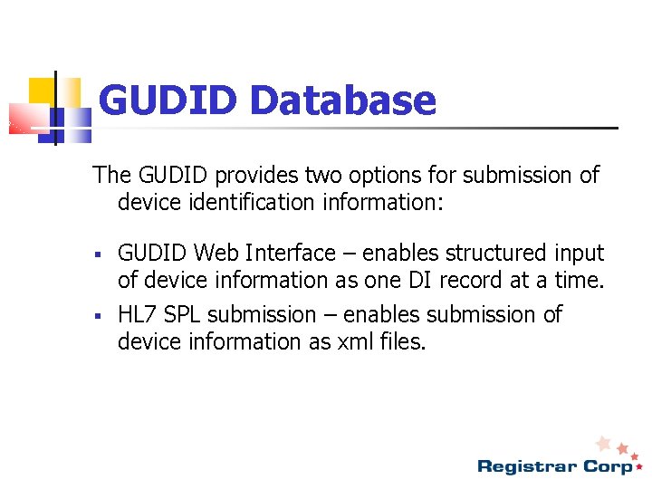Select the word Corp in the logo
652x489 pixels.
tap(609, 466)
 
